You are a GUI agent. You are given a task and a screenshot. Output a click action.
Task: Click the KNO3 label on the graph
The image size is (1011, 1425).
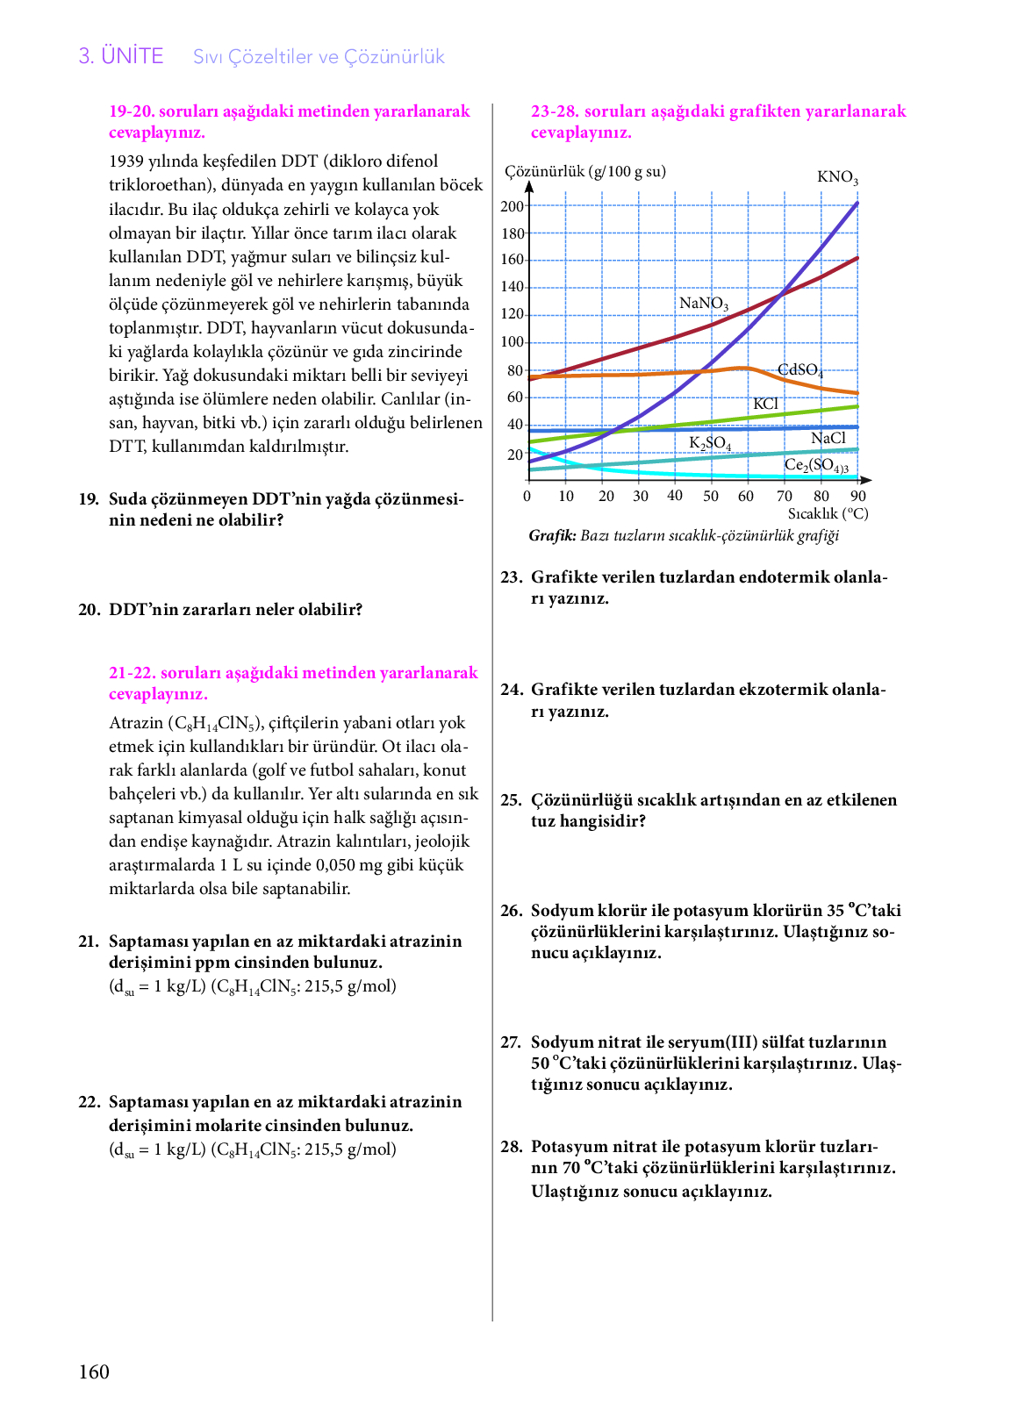tap(837, 177)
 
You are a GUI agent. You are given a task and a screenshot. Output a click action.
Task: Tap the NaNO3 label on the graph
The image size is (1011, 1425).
tap(704, 304)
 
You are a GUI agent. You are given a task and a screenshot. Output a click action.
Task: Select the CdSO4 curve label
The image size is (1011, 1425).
tap(799, 370)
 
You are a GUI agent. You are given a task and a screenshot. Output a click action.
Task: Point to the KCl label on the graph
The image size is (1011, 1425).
tap(765, 404)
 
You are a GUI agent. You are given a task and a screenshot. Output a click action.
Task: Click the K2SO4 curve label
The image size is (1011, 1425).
tap(709, 443)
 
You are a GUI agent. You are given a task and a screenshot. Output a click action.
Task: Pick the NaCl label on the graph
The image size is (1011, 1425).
tap(828, 438)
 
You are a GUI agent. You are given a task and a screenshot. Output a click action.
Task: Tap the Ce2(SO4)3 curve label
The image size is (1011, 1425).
tap(816, 465)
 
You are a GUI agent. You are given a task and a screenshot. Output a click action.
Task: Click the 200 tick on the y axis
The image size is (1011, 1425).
tap(512, 206)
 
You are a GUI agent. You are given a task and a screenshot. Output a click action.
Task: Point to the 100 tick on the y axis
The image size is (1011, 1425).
tap(512, 342)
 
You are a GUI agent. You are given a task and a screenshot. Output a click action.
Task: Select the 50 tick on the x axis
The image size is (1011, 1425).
tap(710, 496)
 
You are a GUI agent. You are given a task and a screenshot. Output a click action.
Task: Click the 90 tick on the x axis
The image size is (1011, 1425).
tap(857, 496)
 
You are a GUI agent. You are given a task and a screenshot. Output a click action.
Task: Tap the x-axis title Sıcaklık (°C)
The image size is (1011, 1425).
tap(828, 513)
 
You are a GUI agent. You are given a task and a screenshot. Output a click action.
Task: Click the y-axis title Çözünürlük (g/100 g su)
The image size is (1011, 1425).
tap(585, 171)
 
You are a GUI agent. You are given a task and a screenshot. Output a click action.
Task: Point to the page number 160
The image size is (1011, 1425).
tap(94, 1372)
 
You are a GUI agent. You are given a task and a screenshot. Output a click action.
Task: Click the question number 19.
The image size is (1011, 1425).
tap(89, 499)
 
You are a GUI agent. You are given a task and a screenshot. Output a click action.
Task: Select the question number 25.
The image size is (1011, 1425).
tap(511, 800)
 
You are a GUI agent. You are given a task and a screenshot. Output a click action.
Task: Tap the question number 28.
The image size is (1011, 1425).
tap(511, 1147)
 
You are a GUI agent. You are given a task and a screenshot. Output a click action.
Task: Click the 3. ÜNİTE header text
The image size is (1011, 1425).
tap(121, 56)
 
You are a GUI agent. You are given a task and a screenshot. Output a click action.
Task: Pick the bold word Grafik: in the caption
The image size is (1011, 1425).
tap(552, 535)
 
